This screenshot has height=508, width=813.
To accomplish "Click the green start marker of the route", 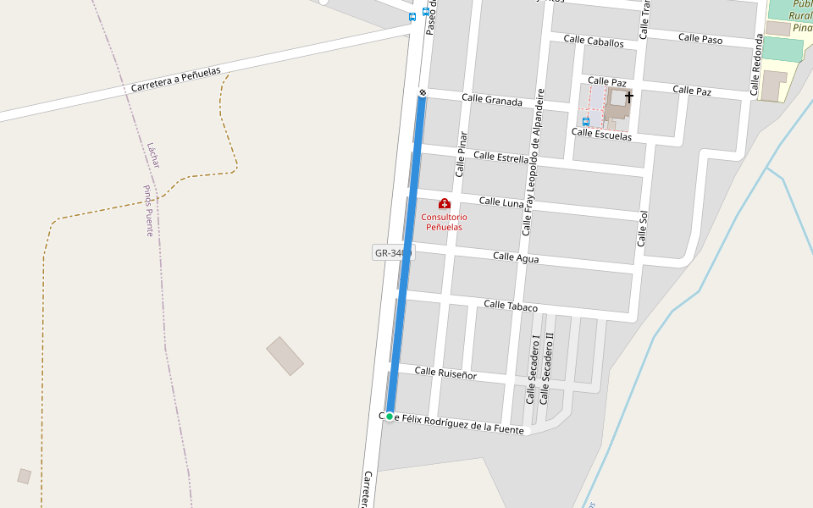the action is (390, 417).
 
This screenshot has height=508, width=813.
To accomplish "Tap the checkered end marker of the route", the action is (422, 92).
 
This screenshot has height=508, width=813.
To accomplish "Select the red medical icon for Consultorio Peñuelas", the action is (444, 203).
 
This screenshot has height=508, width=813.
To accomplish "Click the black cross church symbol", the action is (628, 97).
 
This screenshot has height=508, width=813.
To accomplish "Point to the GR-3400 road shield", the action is (392, 252).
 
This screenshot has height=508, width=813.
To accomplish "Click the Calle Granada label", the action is (492, 100).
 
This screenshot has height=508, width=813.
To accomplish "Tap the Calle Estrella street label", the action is (501, 157).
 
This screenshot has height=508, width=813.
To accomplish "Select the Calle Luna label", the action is (502, 202).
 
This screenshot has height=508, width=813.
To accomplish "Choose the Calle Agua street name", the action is (516, 257).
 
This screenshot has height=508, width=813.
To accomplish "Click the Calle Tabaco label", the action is (511, 306).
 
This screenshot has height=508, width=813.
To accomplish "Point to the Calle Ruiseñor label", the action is (445, 373).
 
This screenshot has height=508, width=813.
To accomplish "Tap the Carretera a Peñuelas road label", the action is (176, 80).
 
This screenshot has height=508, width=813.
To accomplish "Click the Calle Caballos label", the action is (594, 41).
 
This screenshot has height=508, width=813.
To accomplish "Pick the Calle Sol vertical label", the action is (643, 229).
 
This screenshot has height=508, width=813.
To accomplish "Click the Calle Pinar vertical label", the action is (461, 153).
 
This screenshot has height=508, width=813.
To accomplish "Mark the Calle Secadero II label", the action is (548, 367).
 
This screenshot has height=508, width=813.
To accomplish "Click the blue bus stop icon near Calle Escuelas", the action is (585, 121).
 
